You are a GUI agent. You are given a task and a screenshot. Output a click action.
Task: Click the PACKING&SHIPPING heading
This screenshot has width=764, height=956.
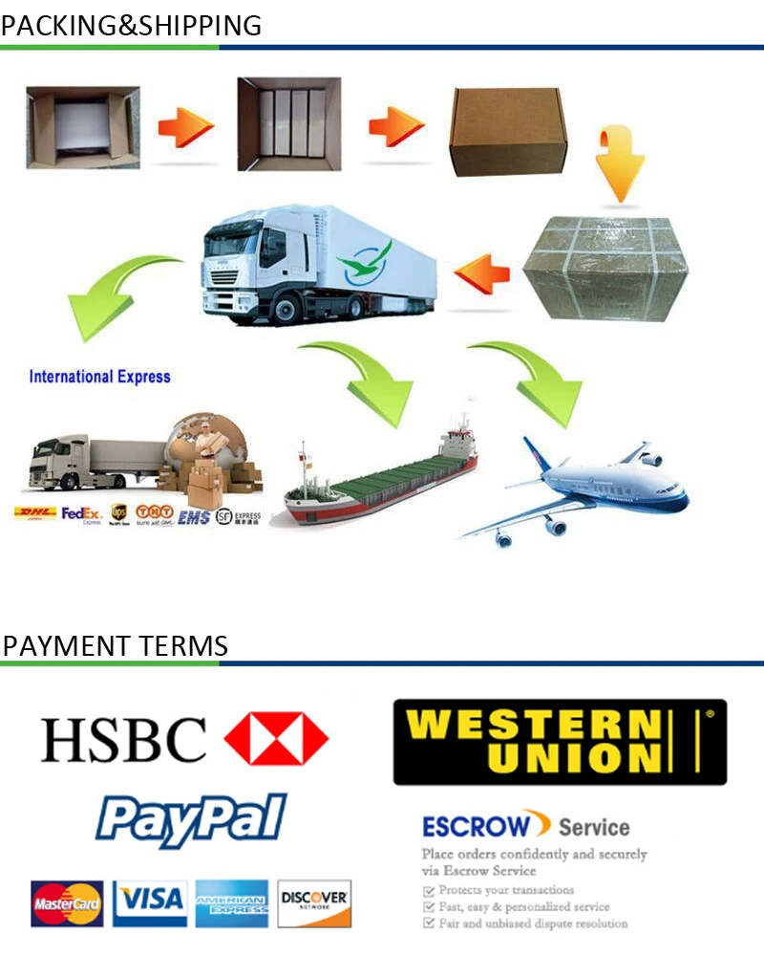pos(131,26)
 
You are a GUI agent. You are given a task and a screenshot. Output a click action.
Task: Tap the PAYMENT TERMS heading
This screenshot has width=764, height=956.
pos(115,645)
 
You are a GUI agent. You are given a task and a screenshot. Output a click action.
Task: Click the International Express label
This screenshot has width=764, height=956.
pos(99,377)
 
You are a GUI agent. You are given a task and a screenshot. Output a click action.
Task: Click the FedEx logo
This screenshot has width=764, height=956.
pos(81,514)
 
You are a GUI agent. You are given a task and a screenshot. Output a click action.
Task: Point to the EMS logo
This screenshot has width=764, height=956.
pos(194,517)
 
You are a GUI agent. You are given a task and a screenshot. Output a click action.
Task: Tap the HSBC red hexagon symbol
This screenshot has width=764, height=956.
pos(276,738)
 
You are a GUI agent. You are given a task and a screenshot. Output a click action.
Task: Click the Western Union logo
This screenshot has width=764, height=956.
pos(560,742)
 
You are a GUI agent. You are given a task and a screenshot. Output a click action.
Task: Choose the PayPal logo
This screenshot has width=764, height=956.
pos(191,818)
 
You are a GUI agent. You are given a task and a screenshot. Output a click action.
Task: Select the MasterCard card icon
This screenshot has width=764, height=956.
pos(67,903)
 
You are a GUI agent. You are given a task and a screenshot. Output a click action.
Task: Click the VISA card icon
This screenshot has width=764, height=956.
pos(150,901)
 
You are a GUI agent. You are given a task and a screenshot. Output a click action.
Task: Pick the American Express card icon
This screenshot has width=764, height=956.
pos(232,903)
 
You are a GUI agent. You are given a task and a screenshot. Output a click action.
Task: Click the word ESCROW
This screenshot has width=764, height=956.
pos(475,825)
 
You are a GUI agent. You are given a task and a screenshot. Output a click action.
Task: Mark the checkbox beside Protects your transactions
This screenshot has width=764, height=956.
pos(428,890)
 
